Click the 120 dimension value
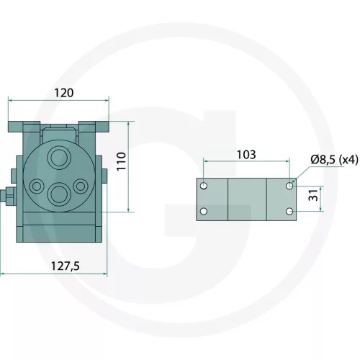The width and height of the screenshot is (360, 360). (64, 93)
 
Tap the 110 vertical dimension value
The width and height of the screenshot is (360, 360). (122, 161)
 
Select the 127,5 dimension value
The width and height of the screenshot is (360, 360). (66, 266)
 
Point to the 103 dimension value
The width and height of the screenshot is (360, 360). (246, 155)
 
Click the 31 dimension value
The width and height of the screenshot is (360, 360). (313, 195)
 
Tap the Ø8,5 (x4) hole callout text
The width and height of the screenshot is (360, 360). (334, 160)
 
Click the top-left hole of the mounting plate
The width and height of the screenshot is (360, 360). (204, 186)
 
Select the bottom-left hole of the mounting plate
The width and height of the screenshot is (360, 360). (204, 212)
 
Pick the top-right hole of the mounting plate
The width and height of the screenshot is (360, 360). (289, 186)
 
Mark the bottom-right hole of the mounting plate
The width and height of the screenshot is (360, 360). (289, 212)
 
